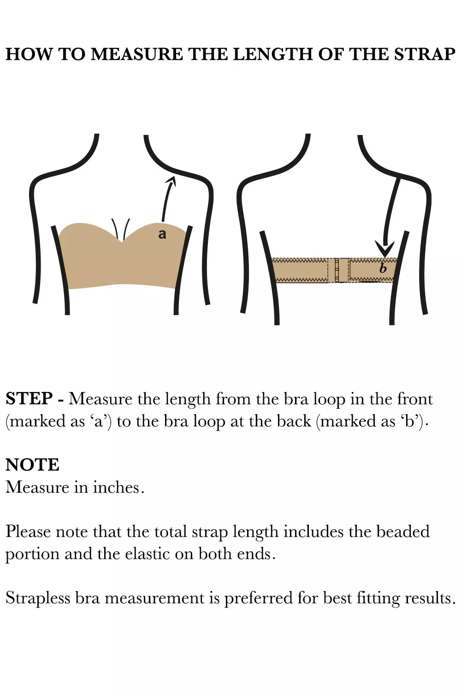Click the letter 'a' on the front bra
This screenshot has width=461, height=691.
click(162, 234)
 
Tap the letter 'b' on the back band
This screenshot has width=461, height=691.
click(383, 269)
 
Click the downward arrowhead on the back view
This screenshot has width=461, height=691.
click(384, 248)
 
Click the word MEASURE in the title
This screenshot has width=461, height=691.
click(137, 54)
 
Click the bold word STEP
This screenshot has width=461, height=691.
click(30, 398)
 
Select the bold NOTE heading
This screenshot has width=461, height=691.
click(32, 465)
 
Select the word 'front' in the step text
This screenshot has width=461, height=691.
click(415, 399)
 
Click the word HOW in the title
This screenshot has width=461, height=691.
click(29, 54)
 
